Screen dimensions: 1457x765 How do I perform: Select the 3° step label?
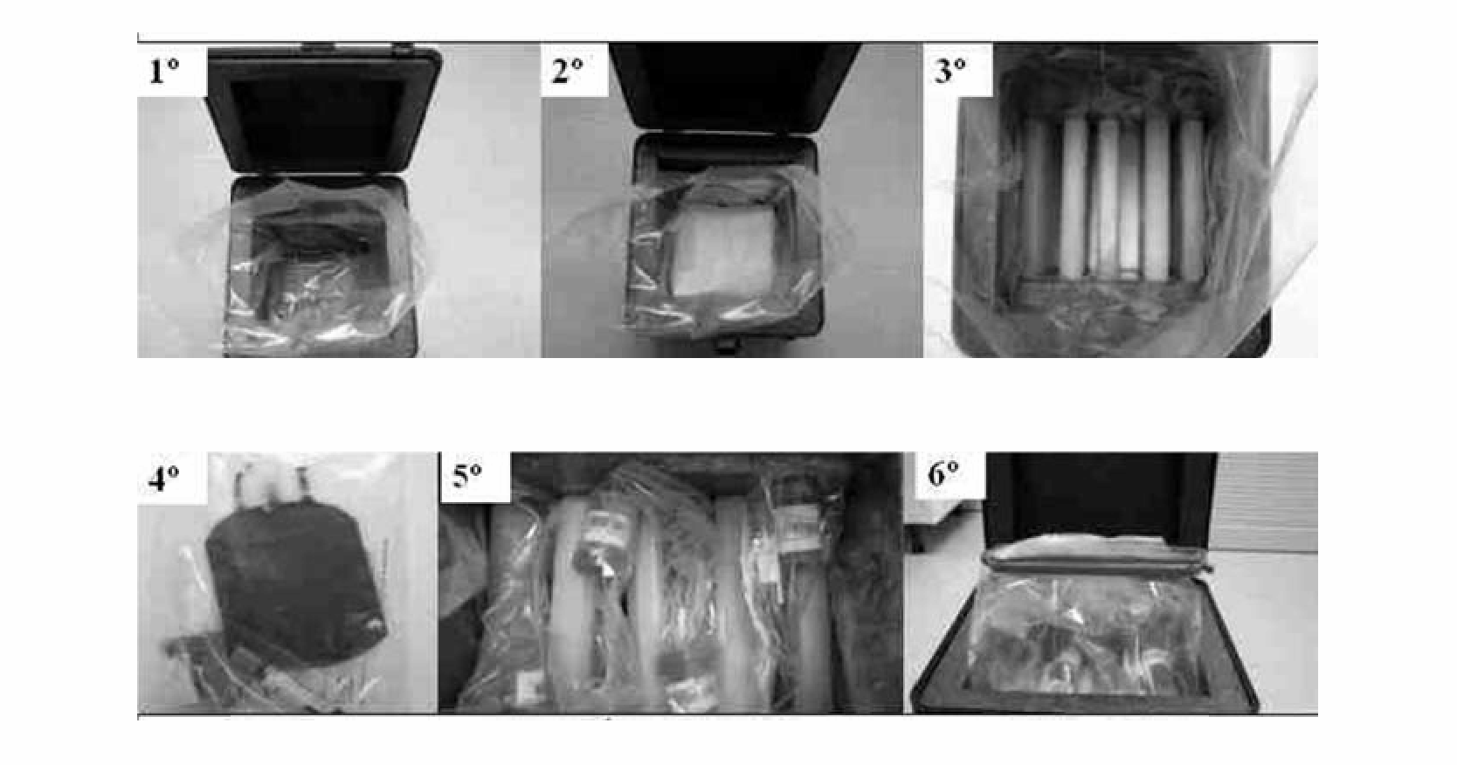point(950,70)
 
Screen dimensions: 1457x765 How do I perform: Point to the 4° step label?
point(164,479)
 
